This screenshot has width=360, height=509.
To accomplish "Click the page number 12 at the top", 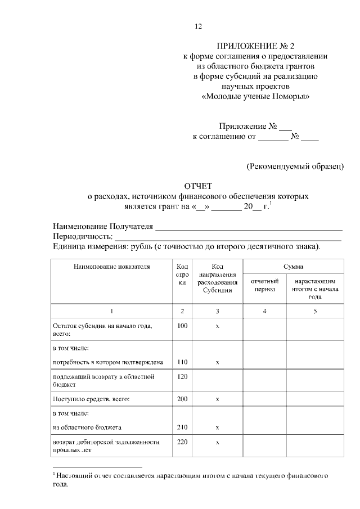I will click(197, 26).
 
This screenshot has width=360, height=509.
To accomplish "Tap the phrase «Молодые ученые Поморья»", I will click(255, 96).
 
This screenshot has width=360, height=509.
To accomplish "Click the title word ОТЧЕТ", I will click(197, 187).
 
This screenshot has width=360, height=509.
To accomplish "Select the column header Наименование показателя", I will click(111, 267).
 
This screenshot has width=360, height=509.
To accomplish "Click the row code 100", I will click(182, 326).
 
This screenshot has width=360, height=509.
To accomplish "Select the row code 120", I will click(182, 376).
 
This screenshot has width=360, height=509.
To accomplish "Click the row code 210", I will click(182, 427).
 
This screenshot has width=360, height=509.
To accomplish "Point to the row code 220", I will click(182, 442).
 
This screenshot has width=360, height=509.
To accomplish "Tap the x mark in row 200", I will click(217, 399).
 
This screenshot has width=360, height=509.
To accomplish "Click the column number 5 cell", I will click(314, 311).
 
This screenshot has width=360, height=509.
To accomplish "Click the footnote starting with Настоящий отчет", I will click(190, 480).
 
